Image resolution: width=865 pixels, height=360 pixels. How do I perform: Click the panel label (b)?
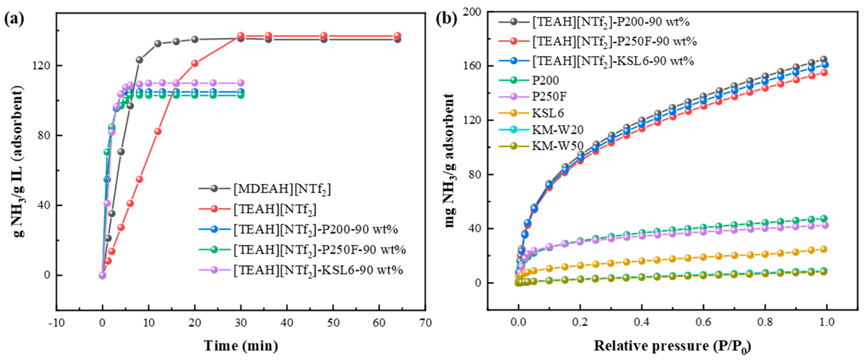click(446, 19)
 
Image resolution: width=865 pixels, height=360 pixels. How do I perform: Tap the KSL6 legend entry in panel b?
click(548, 113)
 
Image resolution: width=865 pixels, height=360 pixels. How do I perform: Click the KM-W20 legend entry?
click(557, 130)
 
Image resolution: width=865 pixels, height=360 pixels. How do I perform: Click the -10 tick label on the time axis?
click(56, 323)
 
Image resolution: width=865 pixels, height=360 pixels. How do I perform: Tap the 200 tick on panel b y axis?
click(472, 12)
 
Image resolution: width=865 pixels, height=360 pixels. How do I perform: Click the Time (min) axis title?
click(241, 346)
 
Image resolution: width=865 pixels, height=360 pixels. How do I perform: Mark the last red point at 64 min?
click(397, 36)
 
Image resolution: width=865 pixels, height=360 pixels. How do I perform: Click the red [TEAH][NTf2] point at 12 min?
click(158, 131)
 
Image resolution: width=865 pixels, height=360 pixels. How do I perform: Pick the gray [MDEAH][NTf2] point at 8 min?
click(139, 60)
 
